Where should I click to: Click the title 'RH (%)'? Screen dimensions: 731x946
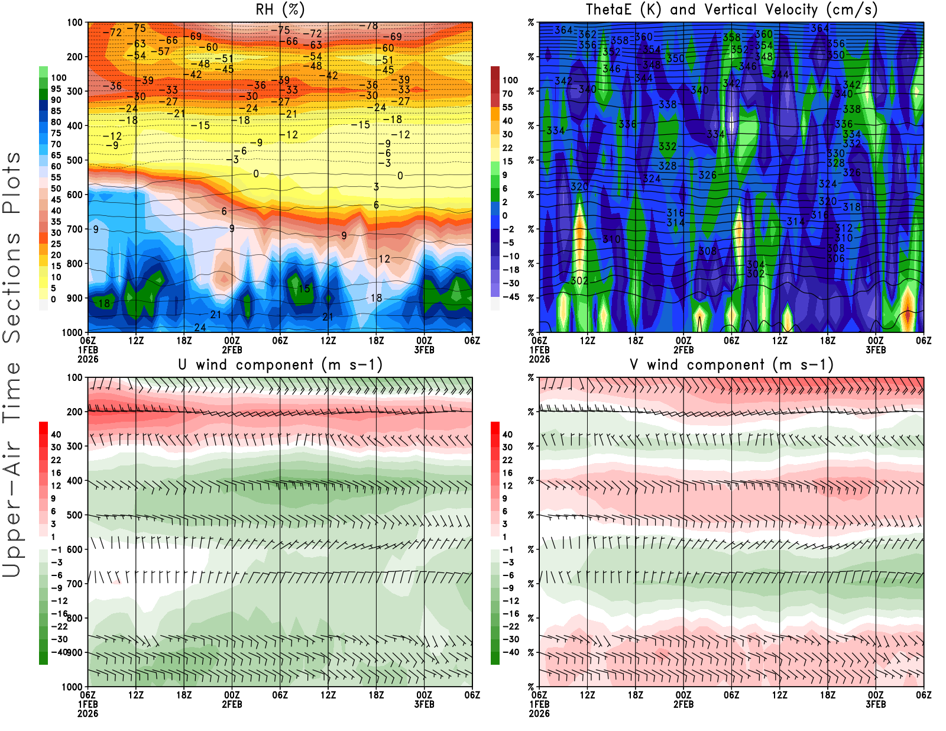coord(280,10)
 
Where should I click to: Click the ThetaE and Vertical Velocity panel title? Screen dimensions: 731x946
coord(731,10)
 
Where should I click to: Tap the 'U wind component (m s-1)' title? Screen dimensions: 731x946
coord(280,365)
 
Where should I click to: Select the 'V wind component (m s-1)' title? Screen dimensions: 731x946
coord(731,365)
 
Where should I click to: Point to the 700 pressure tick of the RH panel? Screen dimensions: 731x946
coord(75,229)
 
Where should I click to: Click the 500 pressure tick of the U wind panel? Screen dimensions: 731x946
coord(75,515)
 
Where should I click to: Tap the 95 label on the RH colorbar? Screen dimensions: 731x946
coord(56,89)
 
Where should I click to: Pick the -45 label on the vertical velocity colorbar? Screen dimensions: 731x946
coord(511,297)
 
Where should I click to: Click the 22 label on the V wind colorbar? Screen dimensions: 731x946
coord(507,460)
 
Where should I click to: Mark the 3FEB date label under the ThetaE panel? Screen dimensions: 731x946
coord(876,350)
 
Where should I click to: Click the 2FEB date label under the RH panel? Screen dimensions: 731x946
coord(232,350)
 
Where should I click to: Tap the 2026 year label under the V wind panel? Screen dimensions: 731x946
coord(539,713)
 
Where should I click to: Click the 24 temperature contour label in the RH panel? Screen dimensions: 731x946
coord(200,327)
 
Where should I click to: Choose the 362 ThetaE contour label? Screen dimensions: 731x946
coord(587,34)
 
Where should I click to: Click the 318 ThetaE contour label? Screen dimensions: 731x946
coord(851,207)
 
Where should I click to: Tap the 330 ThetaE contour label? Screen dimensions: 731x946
coord(835,154)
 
